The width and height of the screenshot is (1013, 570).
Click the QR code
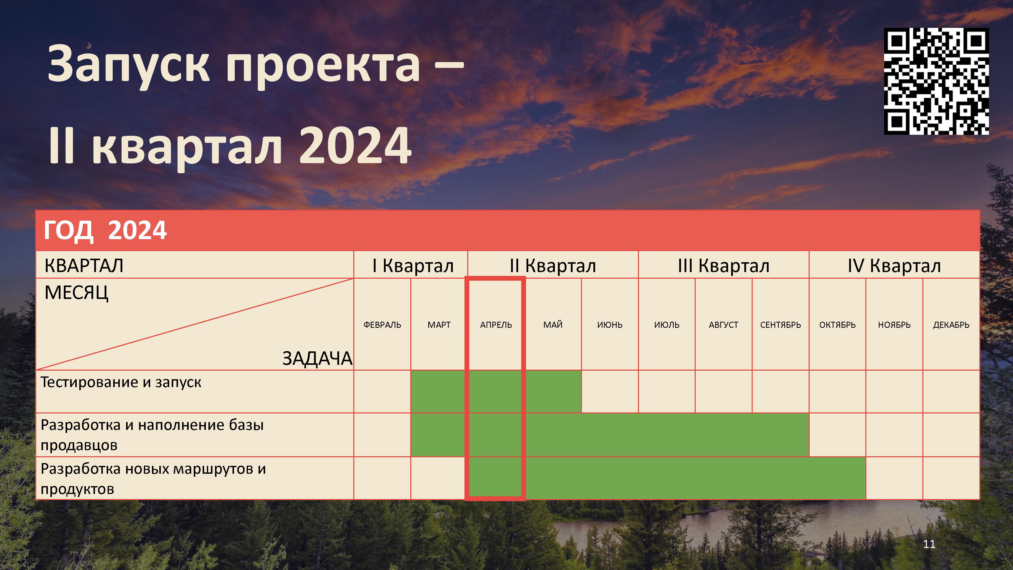click(x=936, y=81)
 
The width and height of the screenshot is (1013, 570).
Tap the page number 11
click(x=929, y=544)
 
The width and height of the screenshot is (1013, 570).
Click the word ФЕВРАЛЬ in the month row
click(x=382, y=325)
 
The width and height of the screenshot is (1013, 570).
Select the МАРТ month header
click(x=439, y=325)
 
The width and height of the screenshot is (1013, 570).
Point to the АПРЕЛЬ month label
click(x=496, y=325)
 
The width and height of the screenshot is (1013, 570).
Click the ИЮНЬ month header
click(x=610, y=325)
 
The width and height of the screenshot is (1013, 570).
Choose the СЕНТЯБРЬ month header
click(x=781, y=325)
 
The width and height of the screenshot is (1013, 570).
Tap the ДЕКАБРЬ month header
click(x=951, y=325)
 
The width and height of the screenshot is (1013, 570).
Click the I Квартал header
click(x=413, y=265)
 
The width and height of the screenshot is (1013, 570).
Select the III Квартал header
click(x=724, y=265)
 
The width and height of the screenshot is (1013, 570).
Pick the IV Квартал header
click(x=894, y=265)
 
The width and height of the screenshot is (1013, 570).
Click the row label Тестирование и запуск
click(x=121, y=382)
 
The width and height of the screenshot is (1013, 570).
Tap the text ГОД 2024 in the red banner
click(x=105, y=230)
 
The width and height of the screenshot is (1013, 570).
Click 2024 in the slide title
click(x=356, y=146)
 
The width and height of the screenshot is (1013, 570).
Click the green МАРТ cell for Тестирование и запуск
click(x=438, y=391)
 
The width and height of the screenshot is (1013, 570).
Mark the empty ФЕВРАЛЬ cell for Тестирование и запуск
click(x=382, y=391)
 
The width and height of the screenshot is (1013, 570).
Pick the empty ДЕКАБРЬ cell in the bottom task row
click(x=951, y=478)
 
